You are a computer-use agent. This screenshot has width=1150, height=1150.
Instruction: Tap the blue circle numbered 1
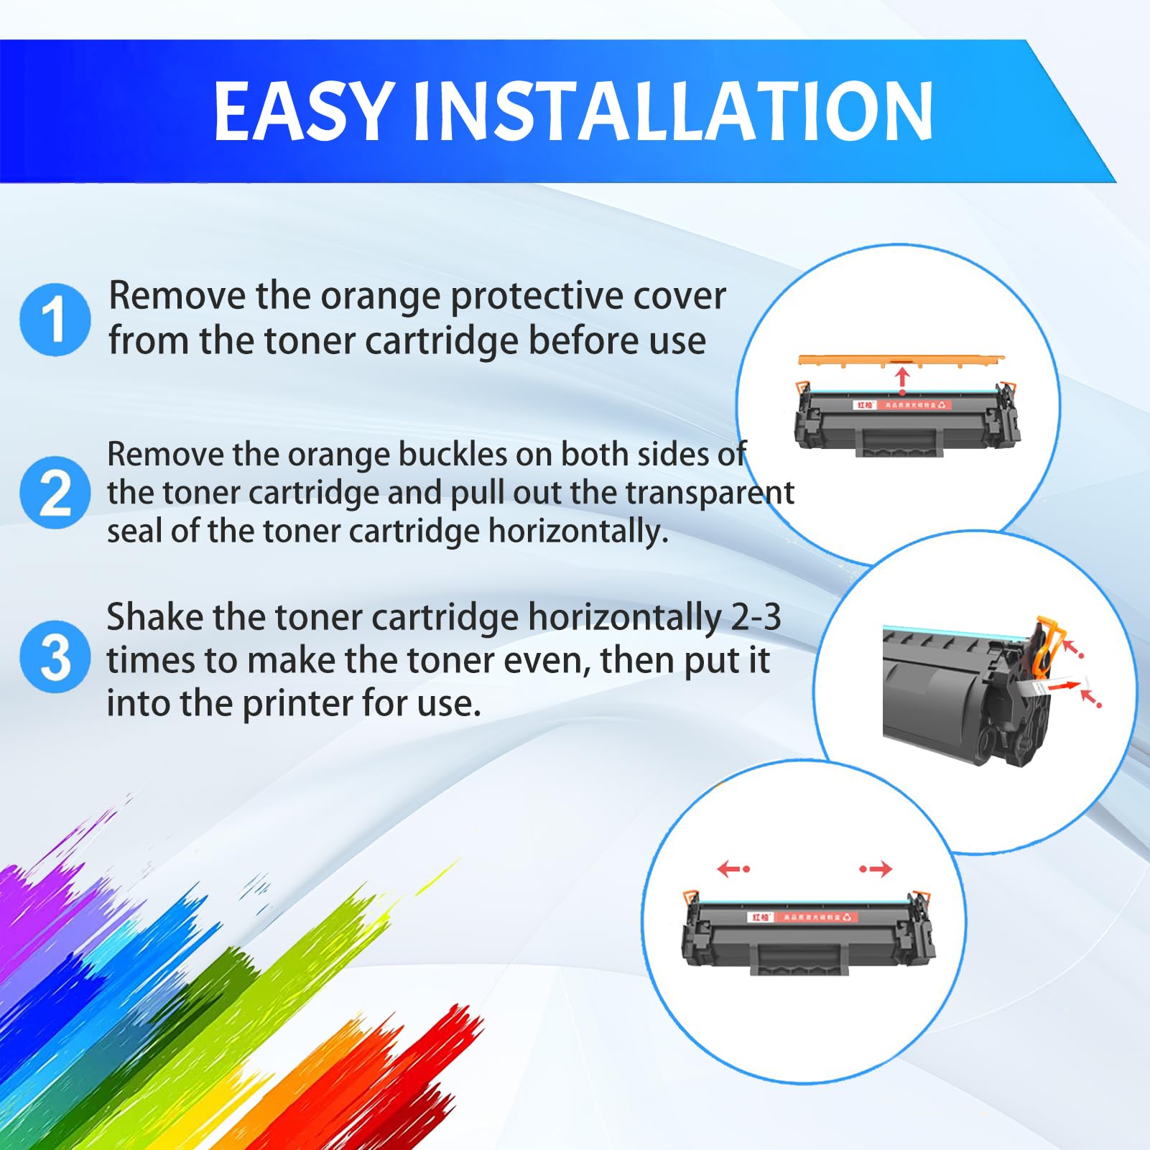55,319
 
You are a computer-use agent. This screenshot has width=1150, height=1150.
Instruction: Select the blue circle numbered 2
55,493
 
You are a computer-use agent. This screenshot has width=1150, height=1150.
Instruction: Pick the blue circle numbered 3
55,657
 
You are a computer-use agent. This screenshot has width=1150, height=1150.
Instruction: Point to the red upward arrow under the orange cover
902,379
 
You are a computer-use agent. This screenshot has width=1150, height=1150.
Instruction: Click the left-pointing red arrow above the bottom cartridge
733,869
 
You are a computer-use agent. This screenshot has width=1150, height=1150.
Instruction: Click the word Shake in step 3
154,617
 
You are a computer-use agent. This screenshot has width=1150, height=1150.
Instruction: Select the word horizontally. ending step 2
578,532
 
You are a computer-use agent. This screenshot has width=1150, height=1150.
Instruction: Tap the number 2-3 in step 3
756,617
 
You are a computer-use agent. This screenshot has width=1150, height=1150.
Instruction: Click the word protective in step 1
523,296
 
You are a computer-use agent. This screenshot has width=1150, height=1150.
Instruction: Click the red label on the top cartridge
902,405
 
